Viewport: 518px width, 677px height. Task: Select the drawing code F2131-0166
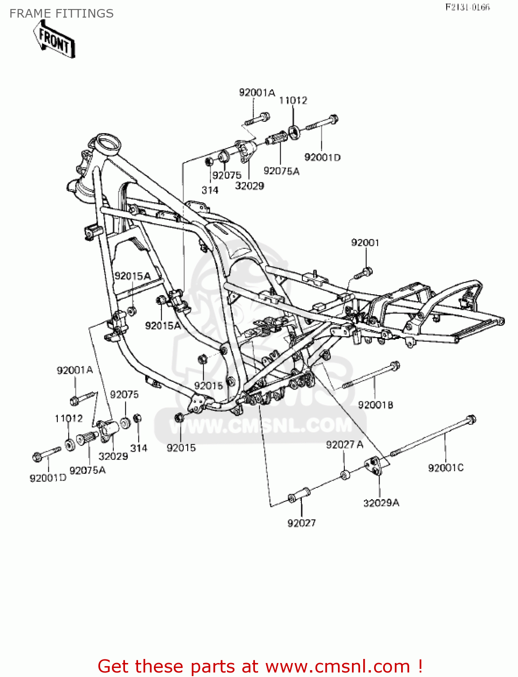click(467, 7)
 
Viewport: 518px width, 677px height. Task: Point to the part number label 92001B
click(375, 405)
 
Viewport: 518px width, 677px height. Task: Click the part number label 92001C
click(446, 468)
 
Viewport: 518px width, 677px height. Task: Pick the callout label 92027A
click(344, 445)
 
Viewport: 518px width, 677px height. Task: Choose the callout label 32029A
click(381, 503)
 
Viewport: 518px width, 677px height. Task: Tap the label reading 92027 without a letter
click(301, 523)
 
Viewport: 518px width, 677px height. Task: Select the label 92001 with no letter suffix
click(365, 243)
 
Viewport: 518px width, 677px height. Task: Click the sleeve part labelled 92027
click(298, 495)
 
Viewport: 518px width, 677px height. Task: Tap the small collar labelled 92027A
click(345, 474)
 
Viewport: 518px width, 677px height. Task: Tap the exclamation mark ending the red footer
click(420, 667)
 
